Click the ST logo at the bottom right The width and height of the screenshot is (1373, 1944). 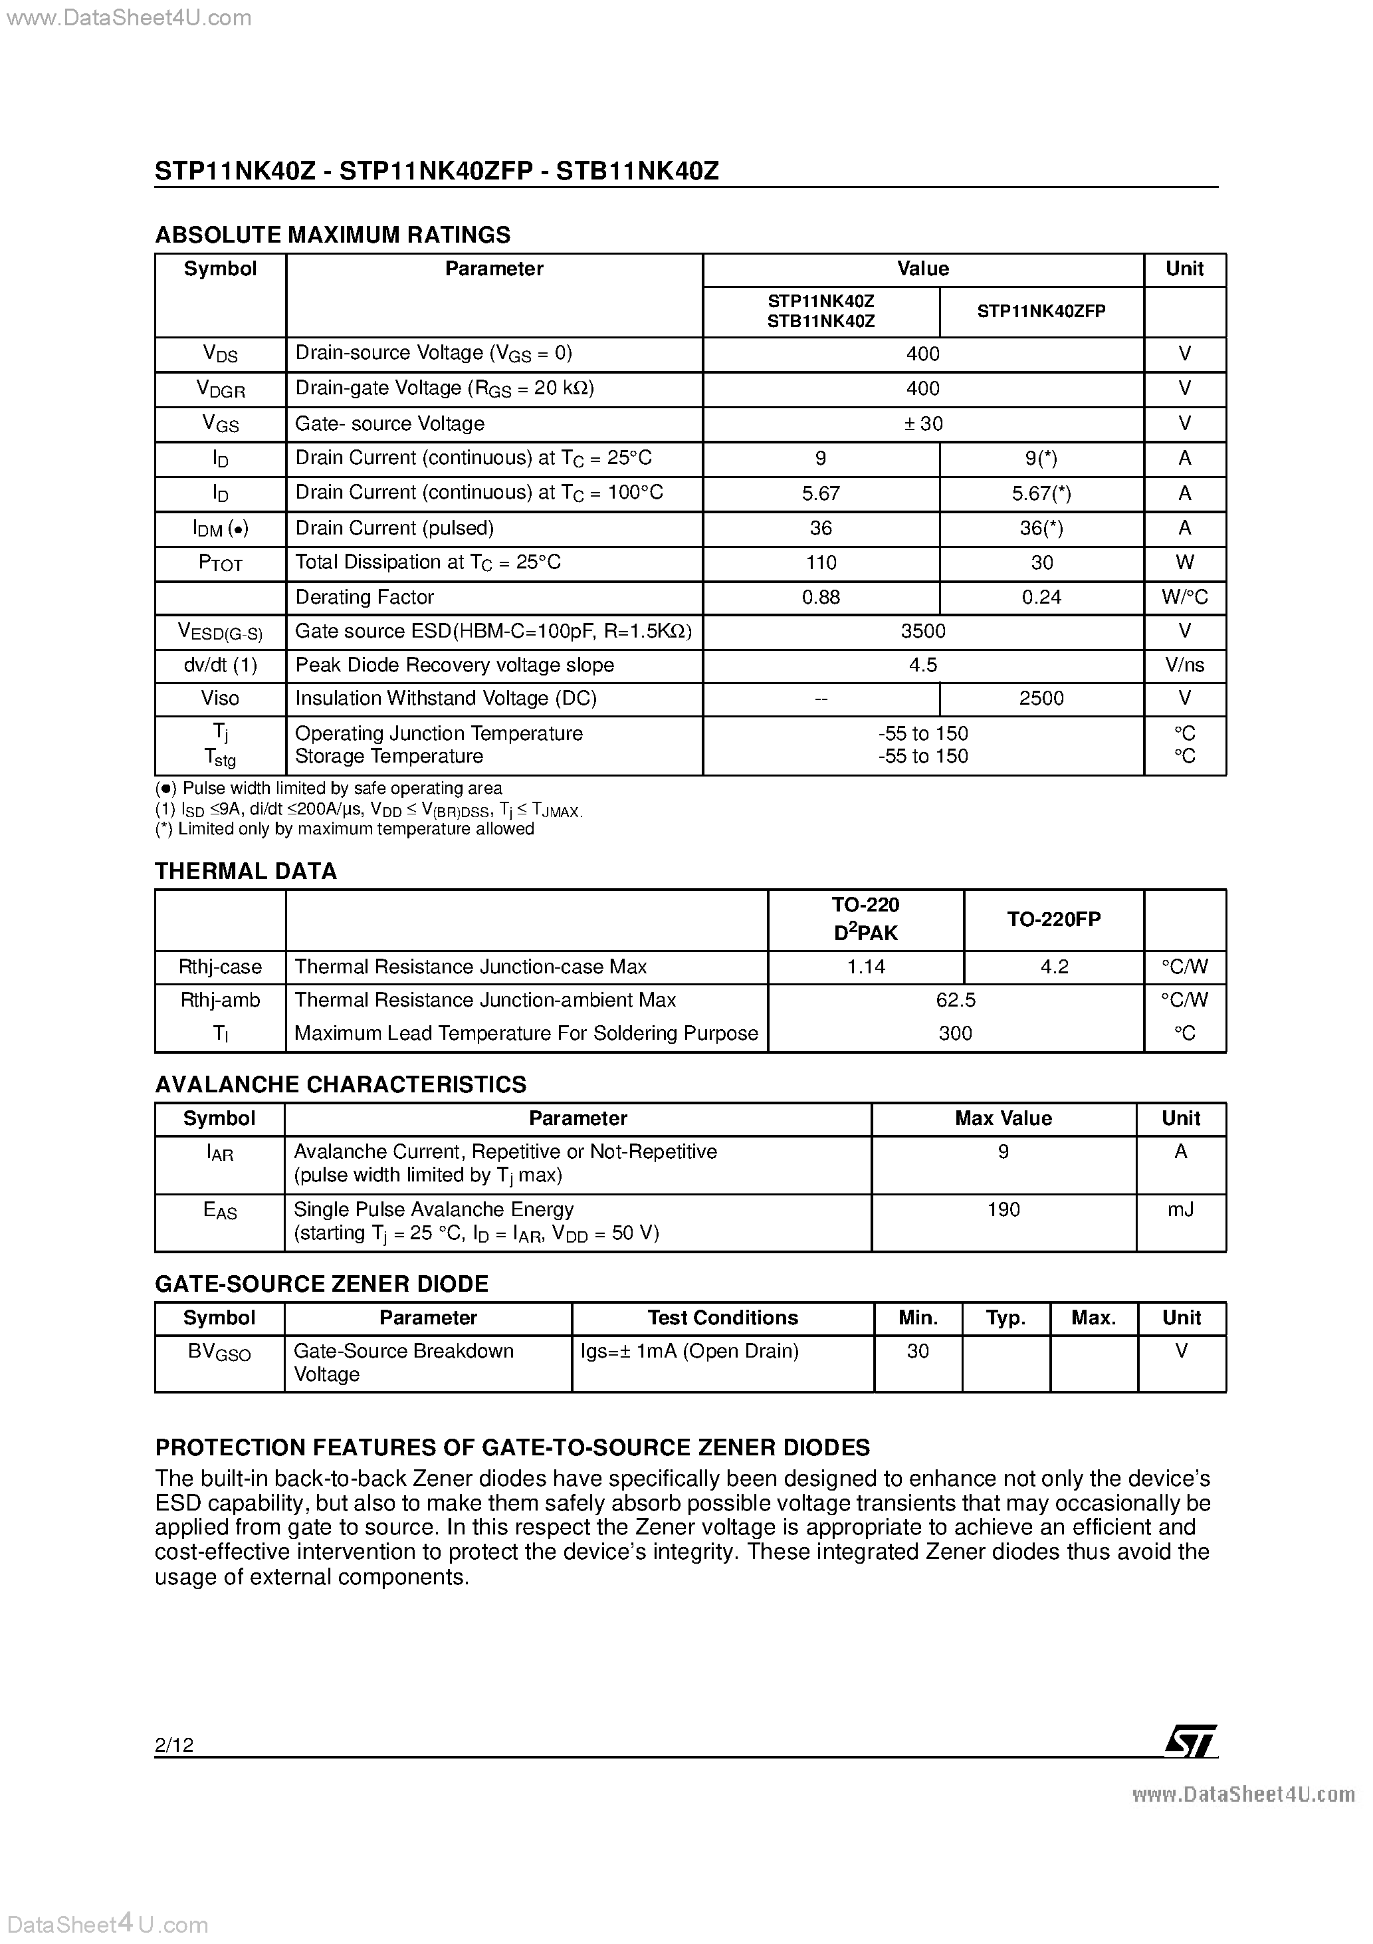[1191, 1742]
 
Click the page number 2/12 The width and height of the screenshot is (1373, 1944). [174, 1744]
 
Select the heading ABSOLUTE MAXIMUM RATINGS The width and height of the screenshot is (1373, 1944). [333, 235]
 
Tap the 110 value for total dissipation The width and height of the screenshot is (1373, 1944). [820, 562]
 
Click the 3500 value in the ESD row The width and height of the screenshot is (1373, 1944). [922, 631]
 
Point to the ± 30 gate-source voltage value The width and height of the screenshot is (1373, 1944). [922, 424]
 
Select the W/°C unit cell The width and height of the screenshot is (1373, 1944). [1184, 597]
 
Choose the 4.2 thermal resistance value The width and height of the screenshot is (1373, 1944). [1054, 967]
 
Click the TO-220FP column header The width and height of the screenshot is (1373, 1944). [1054, 919]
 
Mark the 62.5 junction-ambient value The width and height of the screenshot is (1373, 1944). [956, 1000]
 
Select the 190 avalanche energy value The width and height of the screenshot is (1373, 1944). [1003, 1209]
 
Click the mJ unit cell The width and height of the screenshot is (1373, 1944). [1181, 1209]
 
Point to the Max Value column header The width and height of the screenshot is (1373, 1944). [1003, 1118]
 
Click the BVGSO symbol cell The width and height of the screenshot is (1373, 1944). [219, 1352]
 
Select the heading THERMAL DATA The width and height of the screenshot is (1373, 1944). [245, 871]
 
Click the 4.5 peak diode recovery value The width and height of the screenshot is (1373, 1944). [922, 665]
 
